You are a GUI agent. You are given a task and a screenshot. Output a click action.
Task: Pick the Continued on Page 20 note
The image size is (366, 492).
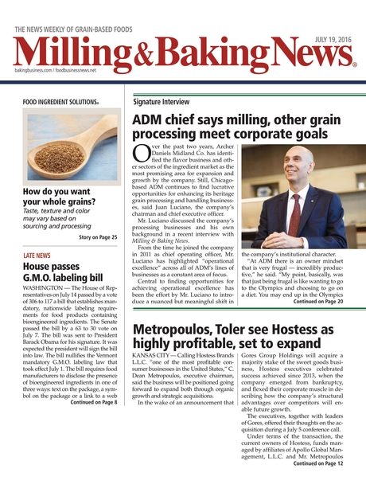tap(317, 302)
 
